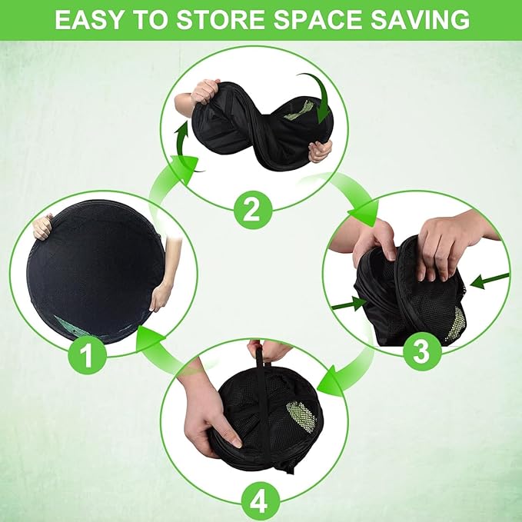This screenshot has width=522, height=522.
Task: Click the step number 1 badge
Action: click(87, 355)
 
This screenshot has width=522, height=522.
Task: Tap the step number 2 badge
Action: click(253, 210)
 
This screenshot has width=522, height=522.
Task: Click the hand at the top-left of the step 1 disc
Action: click(42, 227)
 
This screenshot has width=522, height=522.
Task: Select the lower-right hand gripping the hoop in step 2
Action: click(321, 151)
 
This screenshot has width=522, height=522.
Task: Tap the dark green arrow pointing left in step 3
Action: click(490, 281)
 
